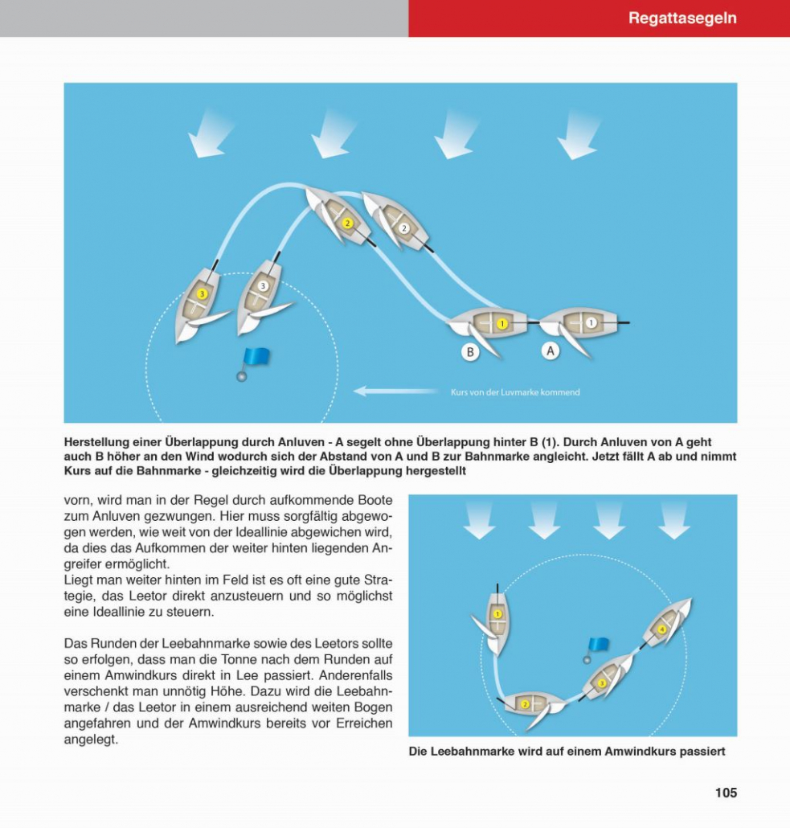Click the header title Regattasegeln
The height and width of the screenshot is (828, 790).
tap(682, 18)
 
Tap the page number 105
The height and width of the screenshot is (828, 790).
tap(726, 793)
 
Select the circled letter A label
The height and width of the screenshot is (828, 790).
tap(551, 351)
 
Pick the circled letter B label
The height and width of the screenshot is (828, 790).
tap(470, 351)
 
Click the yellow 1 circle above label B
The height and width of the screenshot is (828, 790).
tap(502, 324)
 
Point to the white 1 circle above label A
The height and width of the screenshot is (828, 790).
tap(591, 323)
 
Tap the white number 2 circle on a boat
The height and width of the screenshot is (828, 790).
tap(404, 227)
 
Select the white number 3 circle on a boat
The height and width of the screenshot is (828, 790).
tap(262, 285)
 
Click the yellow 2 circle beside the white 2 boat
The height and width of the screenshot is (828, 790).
tap(347, 223)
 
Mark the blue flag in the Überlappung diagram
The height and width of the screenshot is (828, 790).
tap(257, 357)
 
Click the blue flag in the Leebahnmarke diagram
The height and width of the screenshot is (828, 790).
tap(598, 645)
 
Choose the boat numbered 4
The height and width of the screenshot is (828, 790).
tap(662, 629)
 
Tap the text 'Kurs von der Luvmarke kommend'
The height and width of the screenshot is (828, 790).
tap(514, 392)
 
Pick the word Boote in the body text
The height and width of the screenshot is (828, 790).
tap(372, 499)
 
